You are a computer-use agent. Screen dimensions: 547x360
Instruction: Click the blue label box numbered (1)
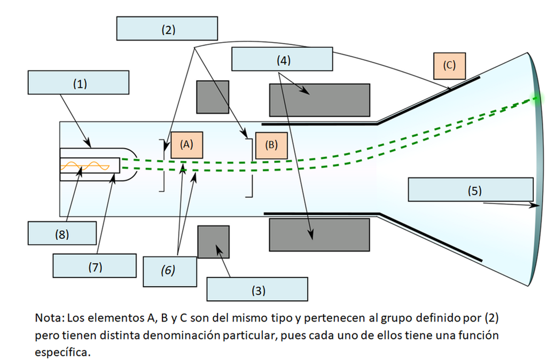coord(79,83)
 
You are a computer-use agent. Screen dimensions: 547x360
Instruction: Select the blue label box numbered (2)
coord(167,28)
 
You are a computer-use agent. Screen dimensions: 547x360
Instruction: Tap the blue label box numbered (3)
coord(257,289)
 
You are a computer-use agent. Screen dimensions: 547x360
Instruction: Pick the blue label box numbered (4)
coord(282,59)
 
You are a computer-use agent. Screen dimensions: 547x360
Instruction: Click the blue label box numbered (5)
coord(471,190)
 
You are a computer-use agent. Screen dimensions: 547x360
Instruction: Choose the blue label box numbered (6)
coord(170,272)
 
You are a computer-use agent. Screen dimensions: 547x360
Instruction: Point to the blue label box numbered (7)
coord(95,266)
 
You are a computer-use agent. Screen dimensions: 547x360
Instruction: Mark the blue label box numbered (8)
coord(62,233)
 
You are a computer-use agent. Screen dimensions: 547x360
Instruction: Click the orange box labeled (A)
coord(186,145)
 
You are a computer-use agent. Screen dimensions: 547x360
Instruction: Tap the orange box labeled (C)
coord(449,66)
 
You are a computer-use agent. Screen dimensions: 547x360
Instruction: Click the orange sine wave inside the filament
coord(85,166)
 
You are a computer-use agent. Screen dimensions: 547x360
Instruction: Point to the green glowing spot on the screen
coord(537,98)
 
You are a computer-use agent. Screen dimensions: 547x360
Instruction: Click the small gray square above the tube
coord(213,97)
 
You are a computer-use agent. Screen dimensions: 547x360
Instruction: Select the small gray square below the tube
coord(214,242)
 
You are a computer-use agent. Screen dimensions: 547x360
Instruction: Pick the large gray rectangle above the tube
coord(319,100)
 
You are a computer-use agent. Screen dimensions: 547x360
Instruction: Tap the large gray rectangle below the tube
coord(319,235)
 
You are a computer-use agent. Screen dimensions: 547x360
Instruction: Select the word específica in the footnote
coord(62,352)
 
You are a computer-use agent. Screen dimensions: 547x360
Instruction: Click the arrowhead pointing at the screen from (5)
coord(534,205)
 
